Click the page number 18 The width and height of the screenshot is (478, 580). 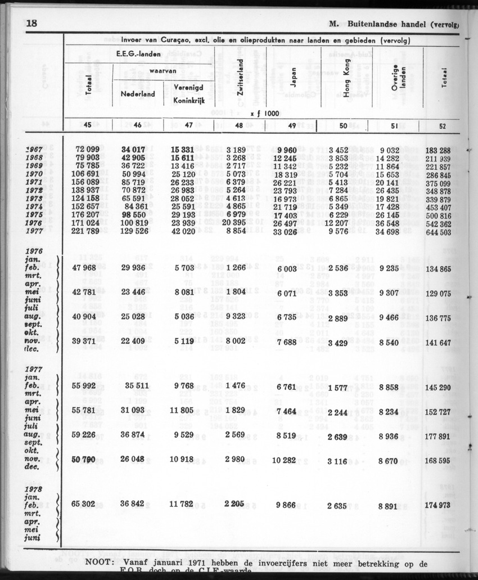[x=31, y=24]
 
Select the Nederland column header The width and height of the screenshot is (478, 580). [x=138, y=94]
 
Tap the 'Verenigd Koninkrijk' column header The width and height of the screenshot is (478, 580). [x=187, y=94]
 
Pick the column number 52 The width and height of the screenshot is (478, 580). [x=442, y=126]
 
